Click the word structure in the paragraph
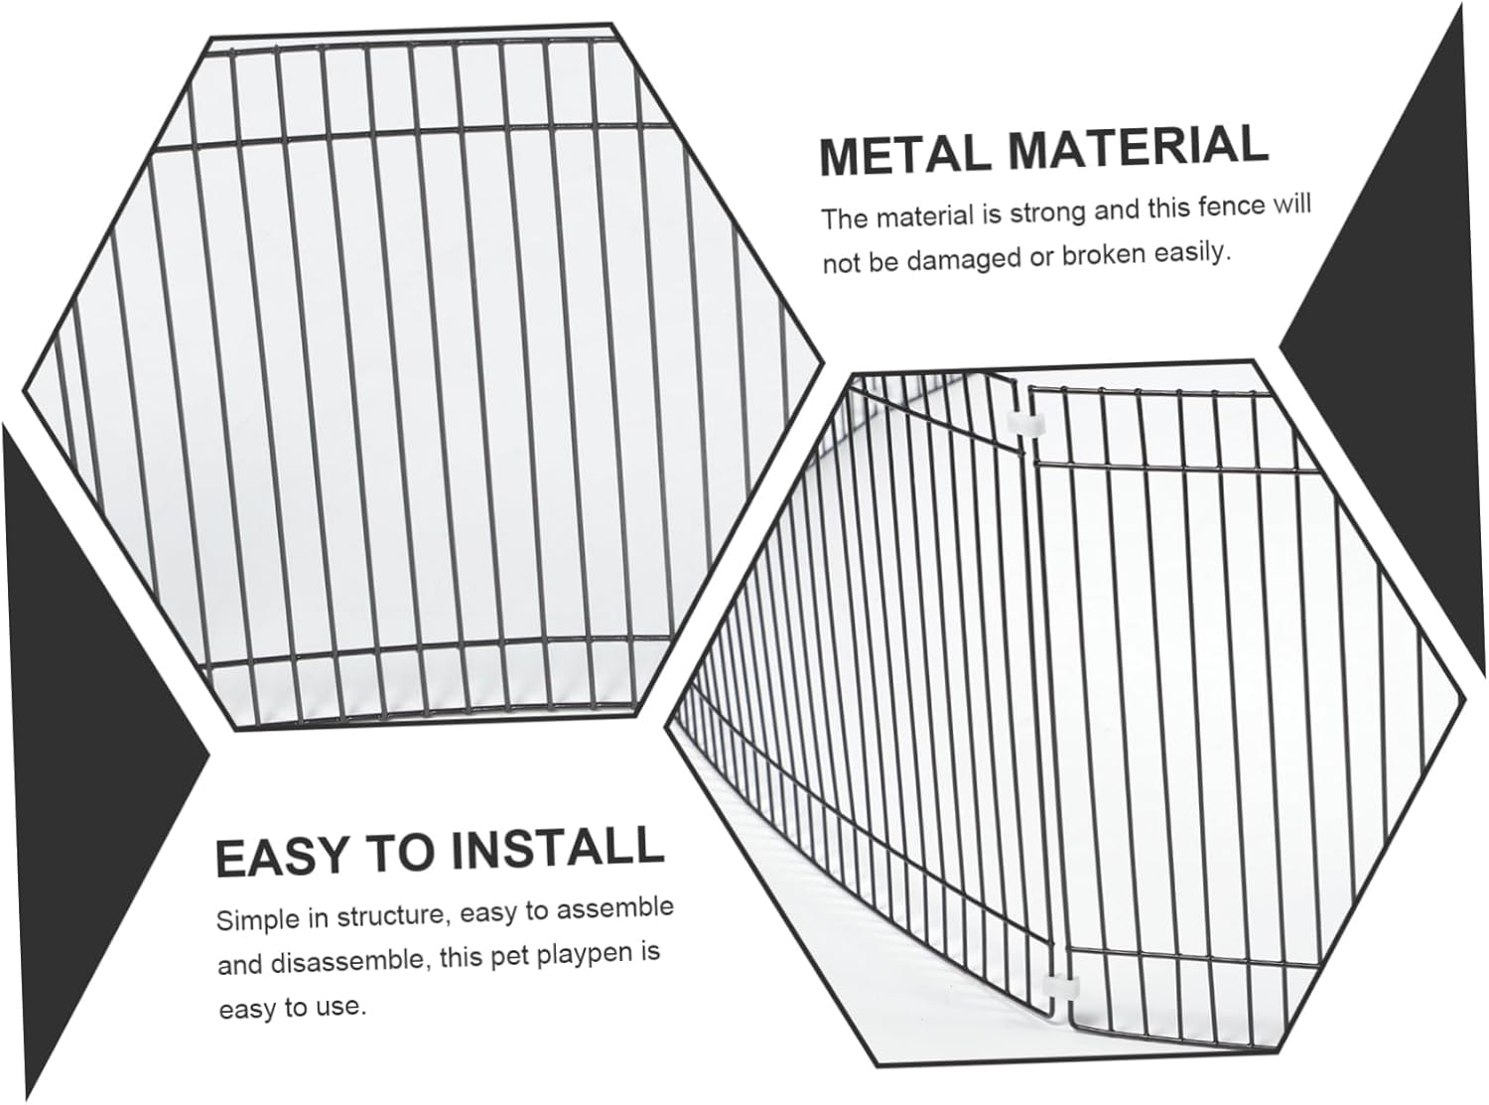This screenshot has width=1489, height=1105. [392, 913]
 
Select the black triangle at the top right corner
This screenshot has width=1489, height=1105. [1390, 199]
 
